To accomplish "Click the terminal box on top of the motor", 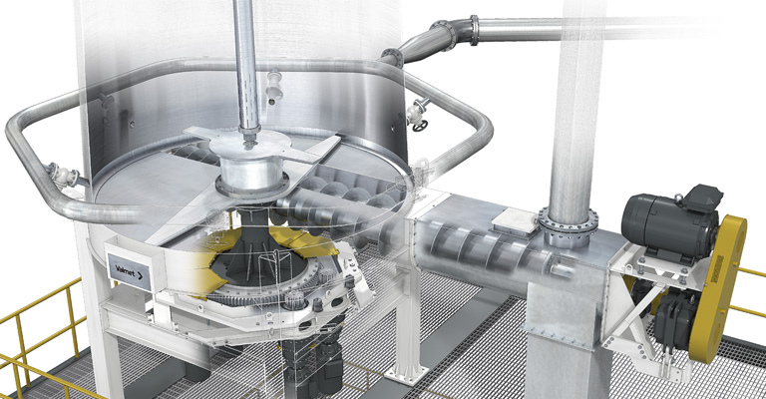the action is coord(702,197).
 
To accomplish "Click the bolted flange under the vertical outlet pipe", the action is coord(569,227).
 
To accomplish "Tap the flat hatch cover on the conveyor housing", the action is coord(516,221).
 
